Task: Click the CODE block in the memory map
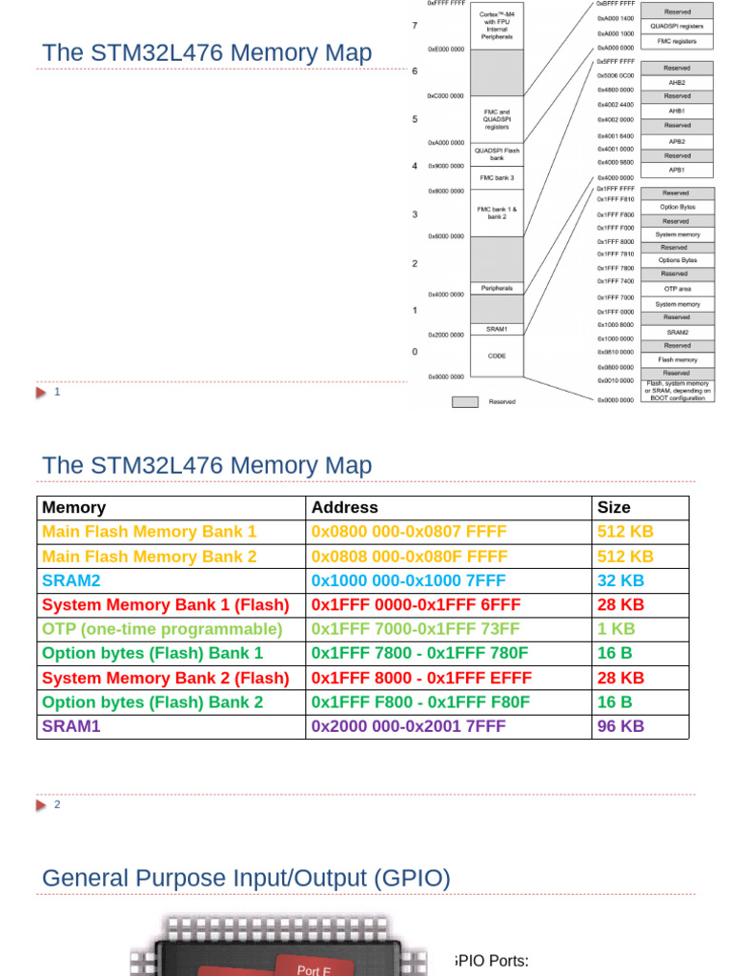497,356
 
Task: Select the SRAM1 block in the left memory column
497,329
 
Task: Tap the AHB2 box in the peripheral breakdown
677,83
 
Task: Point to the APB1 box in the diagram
677,170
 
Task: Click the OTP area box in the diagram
677,289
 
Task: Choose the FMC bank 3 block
497,177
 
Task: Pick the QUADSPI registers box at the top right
677,26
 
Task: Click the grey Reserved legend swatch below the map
464,402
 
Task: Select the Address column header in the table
345,508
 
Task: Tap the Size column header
614,508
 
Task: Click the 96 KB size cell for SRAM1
620,726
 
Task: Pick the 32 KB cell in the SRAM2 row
620,580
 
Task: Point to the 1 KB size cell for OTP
616,629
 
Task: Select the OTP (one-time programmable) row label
162,629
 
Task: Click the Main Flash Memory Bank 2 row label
150,557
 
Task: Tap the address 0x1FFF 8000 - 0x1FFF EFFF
421,678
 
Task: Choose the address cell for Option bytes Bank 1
419,654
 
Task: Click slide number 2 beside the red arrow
57,804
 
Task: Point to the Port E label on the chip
314,969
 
